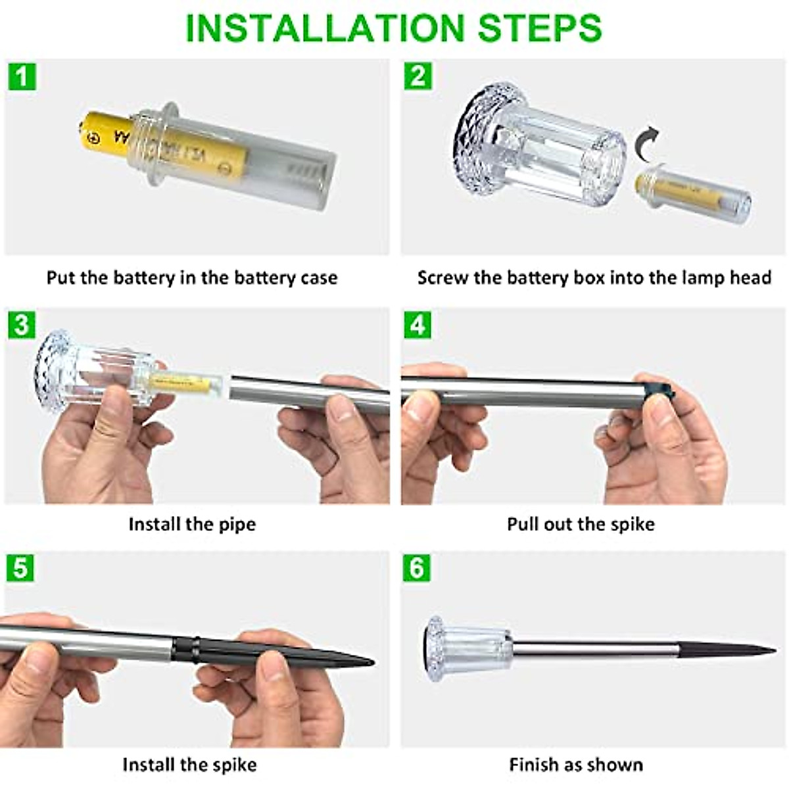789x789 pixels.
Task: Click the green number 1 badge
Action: (22, 76)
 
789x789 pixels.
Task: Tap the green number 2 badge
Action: (418, 76)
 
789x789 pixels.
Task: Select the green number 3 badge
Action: (21, 325)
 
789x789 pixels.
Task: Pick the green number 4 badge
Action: (418, 325)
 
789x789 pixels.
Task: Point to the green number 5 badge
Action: (20, 568)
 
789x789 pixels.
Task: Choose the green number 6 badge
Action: (418, 568)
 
